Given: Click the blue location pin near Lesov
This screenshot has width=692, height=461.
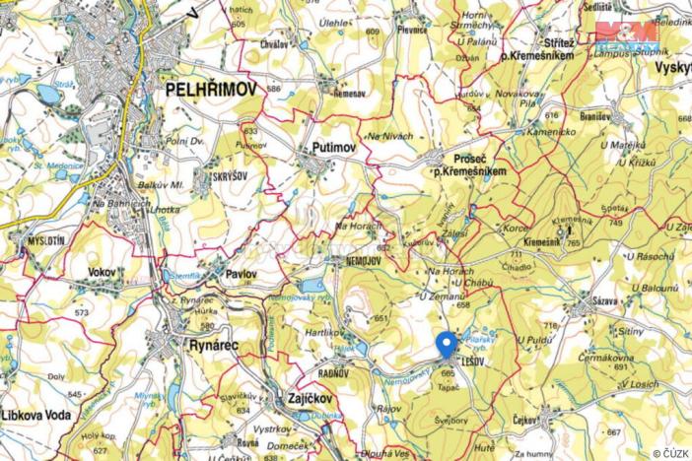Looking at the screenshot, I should click(x=446, y=344).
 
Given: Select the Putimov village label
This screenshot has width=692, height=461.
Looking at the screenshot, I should click(x=333, y=147).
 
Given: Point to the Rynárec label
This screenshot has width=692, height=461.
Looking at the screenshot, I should click(x=214, y=345).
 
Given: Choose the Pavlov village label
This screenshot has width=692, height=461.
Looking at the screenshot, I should click(x=242, y=274).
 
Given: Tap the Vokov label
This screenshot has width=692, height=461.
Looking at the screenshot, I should click(x=102, y=271).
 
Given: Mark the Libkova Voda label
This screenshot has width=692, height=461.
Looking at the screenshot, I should click(x=36, y=415).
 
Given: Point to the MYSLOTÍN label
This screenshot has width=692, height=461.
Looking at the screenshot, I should click(x=43, y=239).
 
